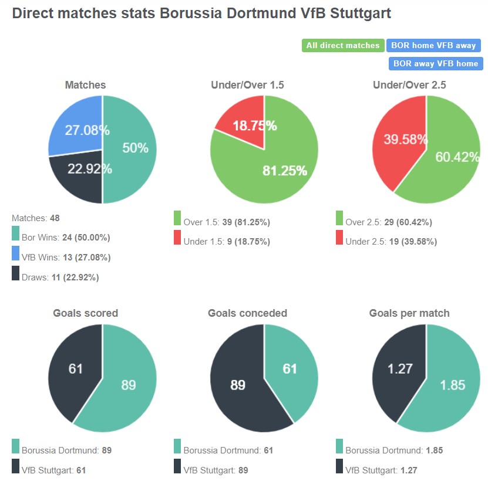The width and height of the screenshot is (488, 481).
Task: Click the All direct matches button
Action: (x=343, y=45)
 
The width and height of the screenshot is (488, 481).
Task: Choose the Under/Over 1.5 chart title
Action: (x=247, y=85)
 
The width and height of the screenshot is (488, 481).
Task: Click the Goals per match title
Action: (x=409, y=313)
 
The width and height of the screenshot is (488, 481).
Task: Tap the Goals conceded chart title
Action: (x=247, y=313)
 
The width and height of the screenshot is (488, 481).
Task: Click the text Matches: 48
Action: (x=35, y=218)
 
